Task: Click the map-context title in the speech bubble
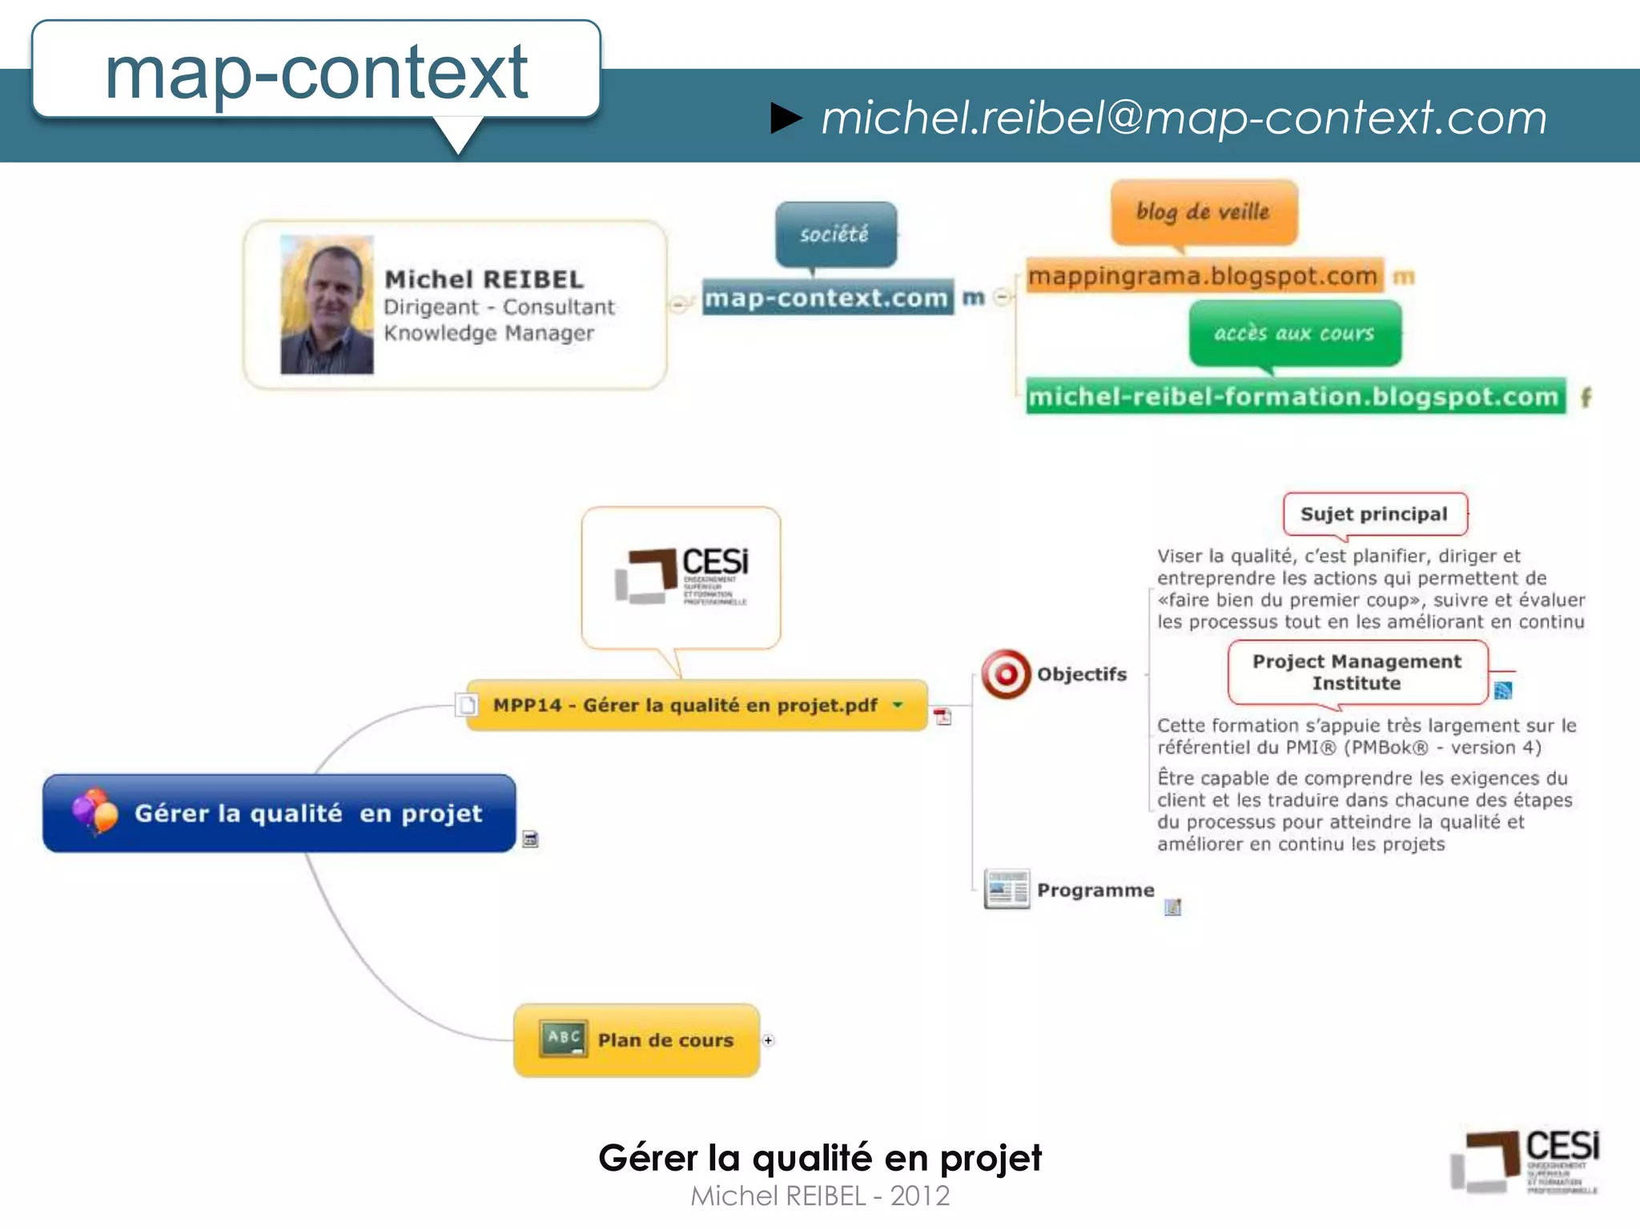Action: [316, 72]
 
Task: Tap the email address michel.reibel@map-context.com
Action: [1184, 118]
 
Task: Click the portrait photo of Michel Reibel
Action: [327, 305]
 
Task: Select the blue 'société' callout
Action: [835, 234]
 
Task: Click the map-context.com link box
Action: [827, 297]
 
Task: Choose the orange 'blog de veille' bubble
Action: [1203, 211]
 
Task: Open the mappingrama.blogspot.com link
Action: [1203, 276]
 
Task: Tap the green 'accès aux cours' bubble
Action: [1294, 333]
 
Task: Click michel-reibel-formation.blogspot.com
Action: [1294, 396]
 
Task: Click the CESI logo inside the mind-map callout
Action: [681, 576]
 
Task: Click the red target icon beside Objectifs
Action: [1006, 674]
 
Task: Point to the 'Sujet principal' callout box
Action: [1374, 514]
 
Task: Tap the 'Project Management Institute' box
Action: [1357, 672]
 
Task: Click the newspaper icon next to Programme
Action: [1007, 889]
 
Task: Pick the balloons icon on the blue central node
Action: [95, 811]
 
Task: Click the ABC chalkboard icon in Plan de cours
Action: [563, 1039]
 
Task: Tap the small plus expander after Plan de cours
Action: [768, 1040]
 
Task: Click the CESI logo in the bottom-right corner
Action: [1525, 1162]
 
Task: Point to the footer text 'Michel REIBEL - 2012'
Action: [820, 1196]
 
